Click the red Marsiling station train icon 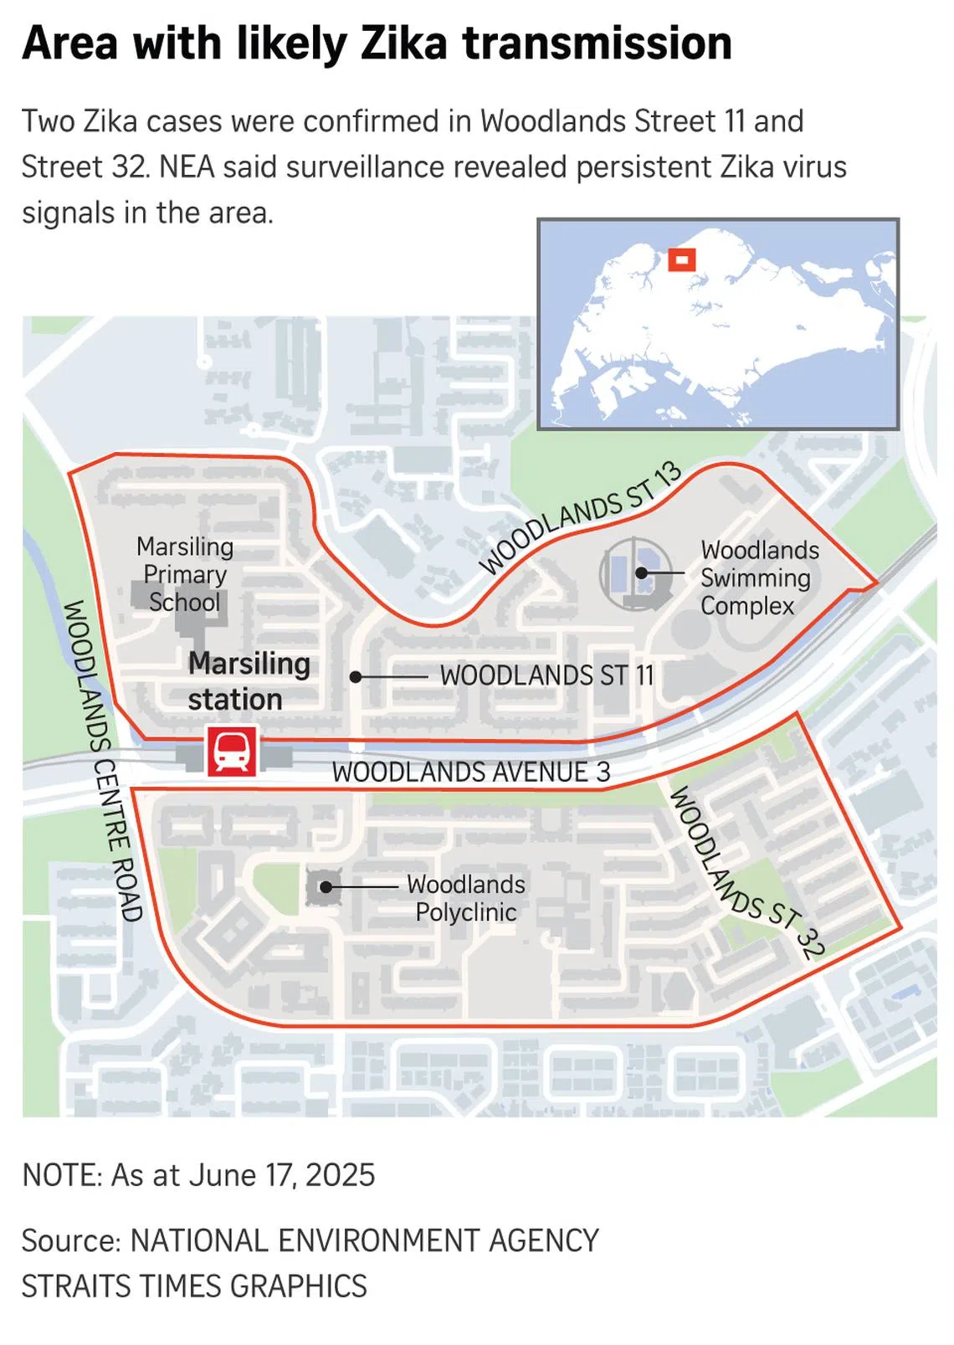click(232, 751)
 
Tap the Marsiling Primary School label click(185, 574)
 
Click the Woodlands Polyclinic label click(466, 898)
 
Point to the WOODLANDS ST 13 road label click(581, 519)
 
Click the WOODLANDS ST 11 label click(546, 675)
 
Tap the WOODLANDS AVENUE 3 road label click(471, 772)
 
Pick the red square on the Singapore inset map click(682, 260)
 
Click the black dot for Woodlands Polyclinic click(326, 886)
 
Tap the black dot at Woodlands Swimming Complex click(641, 573)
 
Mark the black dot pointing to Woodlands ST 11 click(356, 676)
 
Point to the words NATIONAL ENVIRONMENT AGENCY click(365, 1240)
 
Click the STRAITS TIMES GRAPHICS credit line click(194, 1286)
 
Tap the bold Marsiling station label click(249, 681)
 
